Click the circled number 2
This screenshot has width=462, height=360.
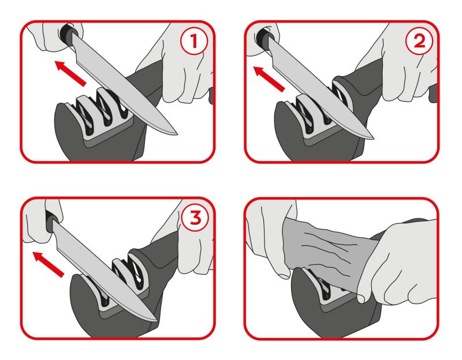419,40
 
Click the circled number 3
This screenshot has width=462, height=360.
195,218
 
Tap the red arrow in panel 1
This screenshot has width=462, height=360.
70,73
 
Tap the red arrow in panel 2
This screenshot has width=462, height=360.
269,79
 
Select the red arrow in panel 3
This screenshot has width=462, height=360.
49,264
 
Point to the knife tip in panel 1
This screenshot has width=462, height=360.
177,134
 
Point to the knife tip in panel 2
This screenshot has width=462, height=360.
374,138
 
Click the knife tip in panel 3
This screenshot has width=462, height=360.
158,321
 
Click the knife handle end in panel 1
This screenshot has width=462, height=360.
64,32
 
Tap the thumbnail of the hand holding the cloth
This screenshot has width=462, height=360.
361,299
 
